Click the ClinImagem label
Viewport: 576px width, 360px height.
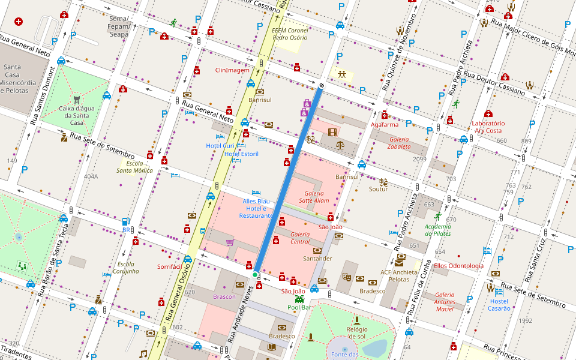click(x=232, y=70)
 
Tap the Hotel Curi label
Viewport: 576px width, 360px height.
click(x=220, y=146)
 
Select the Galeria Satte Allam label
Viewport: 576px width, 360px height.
click(x=314, y=197)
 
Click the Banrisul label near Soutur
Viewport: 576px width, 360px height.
click(x=346, y=177)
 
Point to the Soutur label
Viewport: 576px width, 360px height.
click(x=378, y=189)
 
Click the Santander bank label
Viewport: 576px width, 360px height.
click(x=317, y=259)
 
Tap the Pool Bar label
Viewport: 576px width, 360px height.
click(x=299, y=307)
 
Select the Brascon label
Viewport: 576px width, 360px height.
click(x=224, y=296)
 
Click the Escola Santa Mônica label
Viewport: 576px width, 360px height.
click(x=134, y=167)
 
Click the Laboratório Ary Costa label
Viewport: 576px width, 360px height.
click(x=487, y=127)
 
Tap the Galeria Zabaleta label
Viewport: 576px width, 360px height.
click(x=398, y=142)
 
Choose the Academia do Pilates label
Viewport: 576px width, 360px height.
click(x=437, y=230)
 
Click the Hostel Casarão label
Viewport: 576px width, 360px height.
click(x=499, y=305)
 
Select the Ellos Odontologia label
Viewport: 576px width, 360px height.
click(x=458, y=266)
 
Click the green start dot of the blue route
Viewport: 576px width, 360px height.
click(x=255, y=275)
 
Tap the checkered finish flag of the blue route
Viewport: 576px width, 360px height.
click(x=322, y=86)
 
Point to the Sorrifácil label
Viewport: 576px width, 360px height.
click(x=169, y=266)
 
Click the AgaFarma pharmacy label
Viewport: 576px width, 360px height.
click(x=385, y=125)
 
